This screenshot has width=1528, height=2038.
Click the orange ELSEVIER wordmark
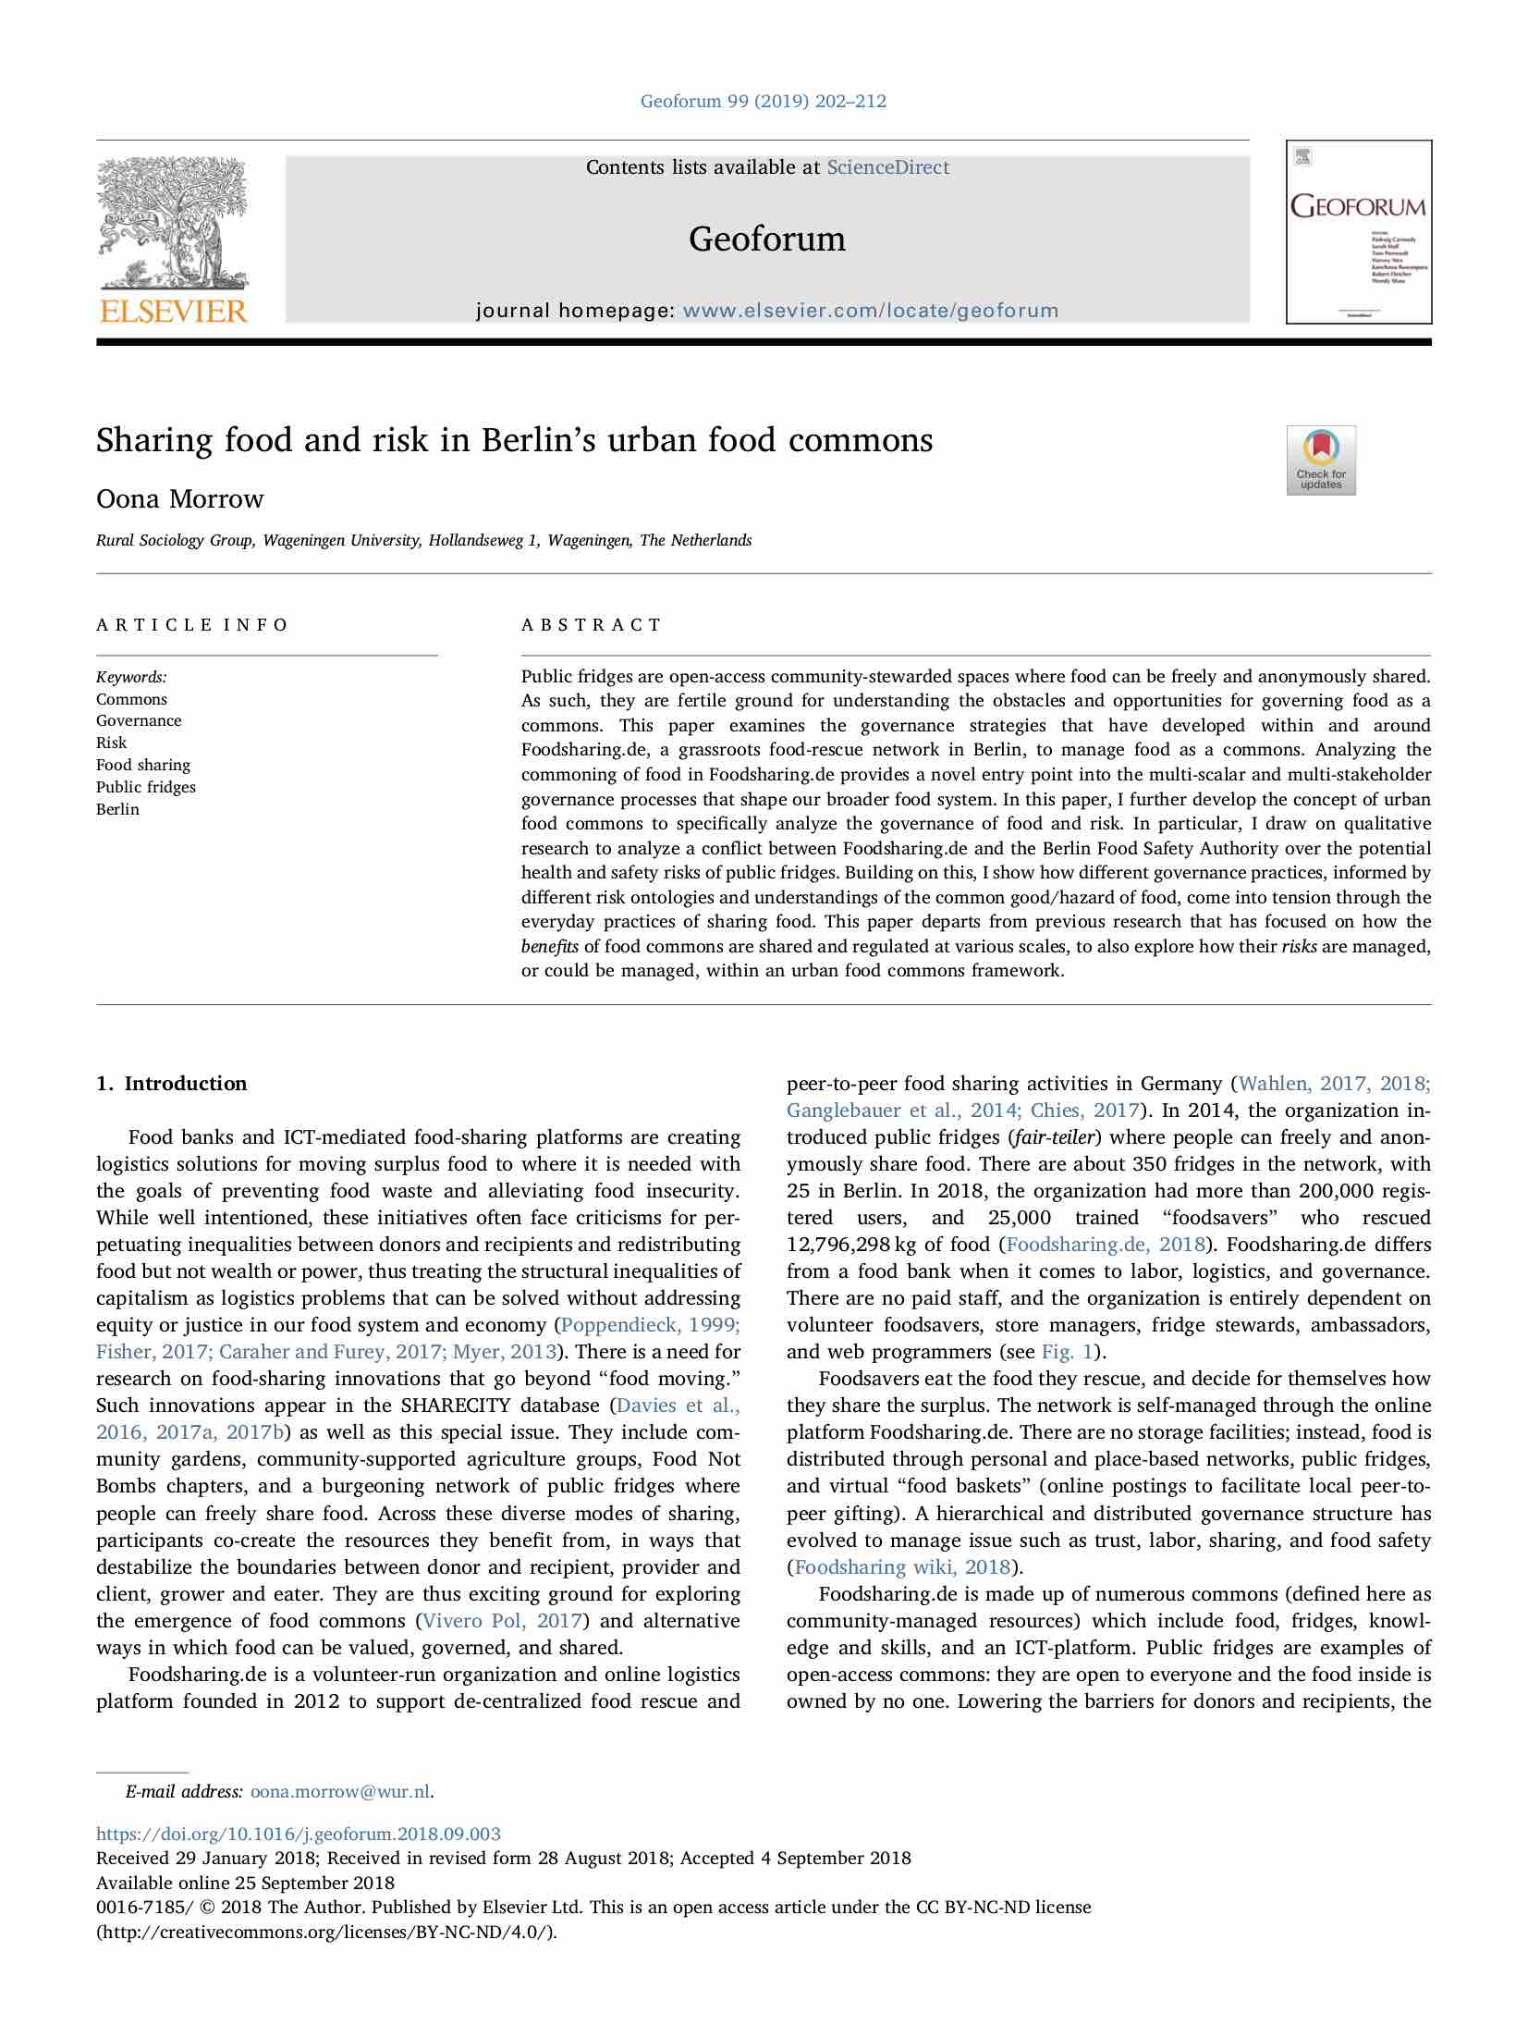click(x=173, y=311)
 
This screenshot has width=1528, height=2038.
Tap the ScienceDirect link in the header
click(x=887, y=167)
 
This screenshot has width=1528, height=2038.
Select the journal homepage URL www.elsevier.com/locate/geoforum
click(x=870, y=311)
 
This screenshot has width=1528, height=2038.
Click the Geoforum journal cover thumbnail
click(x=1358, y=231)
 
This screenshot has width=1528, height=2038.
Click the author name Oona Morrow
click(x=180, y=499)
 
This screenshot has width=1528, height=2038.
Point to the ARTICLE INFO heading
click(x=192, y=625)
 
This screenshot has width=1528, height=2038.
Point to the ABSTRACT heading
click(x=592, y=625)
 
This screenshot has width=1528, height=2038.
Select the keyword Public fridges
click(x=146, y=787)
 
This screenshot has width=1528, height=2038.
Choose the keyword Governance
click(x=139, y=720)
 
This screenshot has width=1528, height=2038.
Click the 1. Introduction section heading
click(x=172, y=1084)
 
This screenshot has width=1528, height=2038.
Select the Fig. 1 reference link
click(x=1068, y=1352)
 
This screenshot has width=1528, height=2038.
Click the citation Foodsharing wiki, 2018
click(x=902, y=1567)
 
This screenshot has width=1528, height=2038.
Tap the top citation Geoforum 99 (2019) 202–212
click(x=764, y=101)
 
